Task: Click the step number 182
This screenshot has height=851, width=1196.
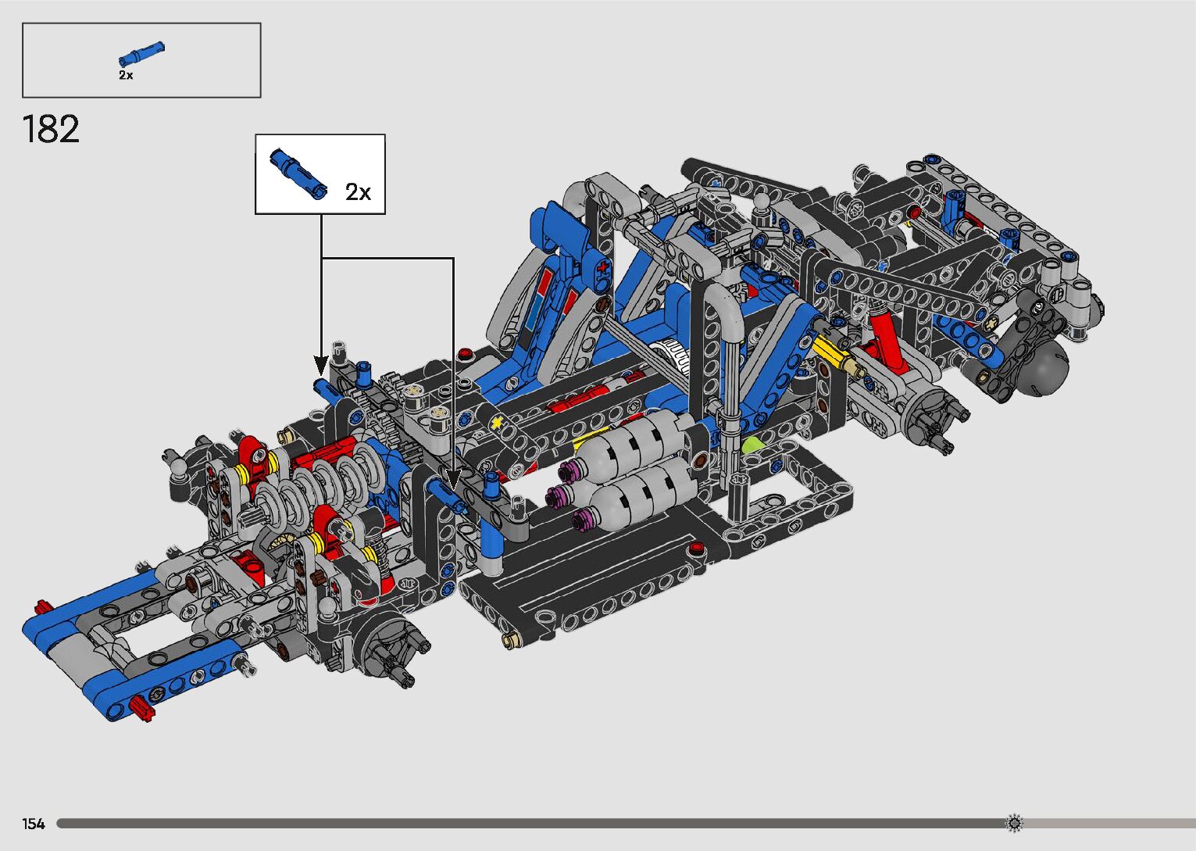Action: pos(51,129)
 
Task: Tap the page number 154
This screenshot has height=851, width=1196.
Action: pos(33,824)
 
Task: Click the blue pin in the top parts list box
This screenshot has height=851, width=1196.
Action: pos(141,54)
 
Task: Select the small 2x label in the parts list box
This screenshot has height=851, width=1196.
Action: pos(126,75)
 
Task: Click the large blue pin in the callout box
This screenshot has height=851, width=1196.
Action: pos(298,173)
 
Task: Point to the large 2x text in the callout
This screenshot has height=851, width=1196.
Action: pos(358,191)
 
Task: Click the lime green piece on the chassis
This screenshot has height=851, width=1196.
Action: pos(752,445)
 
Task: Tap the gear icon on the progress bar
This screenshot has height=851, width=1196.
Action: pos(1014,823)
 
